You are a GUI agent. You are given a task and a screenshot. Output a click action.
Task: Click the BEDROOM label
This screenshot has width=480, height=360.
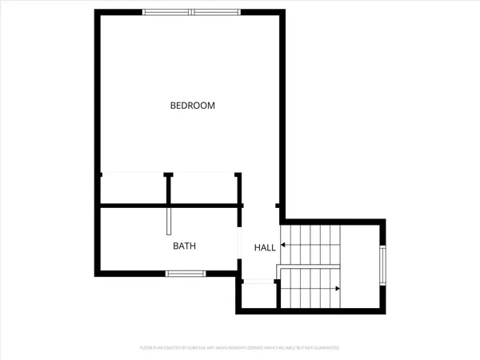tap(193, 105)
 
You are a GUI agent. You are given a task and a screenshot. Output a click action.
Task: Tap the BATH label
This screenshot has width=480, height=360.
tap(185, 246)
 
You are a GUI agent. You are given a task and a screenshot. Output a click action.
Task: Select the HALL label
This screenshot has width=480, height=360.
tap(265, 248)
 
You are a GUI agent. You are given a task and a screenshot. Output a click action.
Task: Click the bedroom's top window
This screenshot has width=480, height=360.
tap(192, 12)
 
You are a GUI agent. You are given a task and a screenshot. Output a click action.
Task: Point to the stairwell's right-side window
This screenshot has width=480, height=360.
tap(383, 266)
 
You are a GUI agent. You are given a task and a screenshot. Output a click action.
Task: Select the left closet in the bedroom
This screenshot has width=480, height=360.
tap(133, 190)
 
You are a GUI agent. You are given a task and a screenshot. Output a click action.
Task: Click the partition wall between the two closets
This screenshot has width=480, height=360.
tap(169, 189)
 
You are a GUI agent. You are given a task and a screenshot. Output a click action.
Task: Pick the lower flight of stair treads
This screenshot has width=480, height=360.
tap(308, 288)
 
